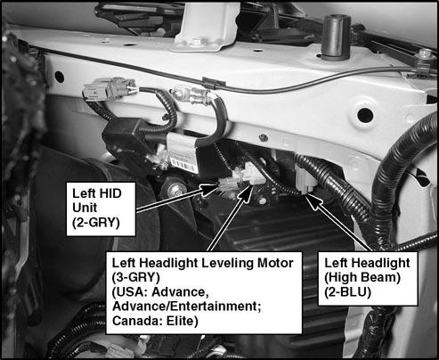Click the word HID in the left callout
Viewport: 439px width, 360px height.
pos(110,193)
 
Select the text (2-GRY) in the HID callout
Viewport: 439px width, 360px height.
pos(96,222)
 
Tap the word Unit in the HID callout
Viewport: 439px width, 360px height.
pos(85,208)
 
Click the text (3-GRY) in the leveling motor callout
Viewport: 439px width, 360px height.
pos(136,277)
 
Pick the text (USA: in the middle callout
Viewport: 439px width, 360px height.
pos(130,292)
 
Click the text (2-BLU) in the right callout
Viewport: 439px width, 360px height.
pos(347,292)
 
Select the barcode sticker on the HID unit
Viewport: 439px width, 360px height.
pos(184,165)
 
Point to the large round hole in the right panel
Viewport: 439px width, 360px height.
pos(365,115)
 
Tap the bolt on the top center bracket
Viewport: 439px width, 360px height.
pos(196,41)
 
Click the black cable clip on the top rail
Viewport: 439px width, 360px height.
pos(214,82)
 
